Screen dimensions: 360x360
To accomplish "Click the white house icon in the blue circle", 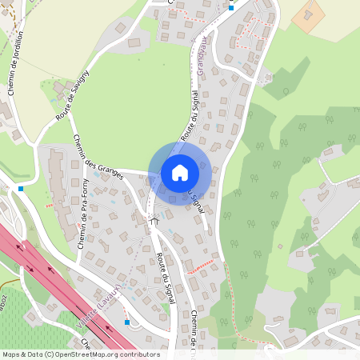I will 180,173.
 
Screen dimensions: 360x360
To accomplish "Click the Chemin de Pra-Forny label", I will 84,212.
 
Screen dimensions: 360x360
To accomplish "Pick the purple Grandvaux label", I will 202,52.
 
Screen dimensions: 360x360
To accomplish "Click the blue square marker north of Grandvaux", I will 231,8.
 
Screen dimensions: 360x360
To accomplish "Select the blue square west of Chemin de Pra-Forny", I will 21,189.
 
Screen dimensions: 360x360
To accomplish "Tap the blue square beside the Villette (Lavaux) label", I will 126,322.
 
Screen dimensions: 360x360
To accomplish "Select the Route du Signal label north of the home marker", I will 190,120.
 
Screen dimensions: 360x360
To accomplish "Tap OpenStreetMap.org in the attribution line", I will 88,354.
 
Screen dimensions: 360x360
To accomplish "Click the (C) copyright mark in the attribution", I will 50,354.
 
